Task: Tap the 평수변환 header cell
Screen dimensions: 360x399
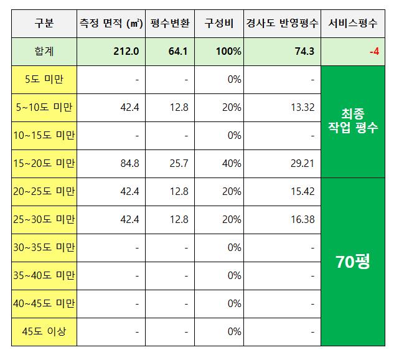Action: (170, 24)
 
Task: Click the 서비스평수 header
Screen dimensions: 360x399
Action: (352, 24)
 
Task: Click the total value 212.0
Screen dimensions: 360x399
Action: (126, 51)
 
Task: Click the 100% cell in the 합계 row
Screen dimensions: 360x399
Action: (229, 51)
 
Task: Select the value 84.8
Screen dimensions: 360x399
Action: (129, 163)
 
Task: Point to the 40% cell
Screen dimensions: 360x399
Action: (231, 163)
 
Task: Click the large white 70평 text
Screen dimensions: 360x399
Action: (352, 262)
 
